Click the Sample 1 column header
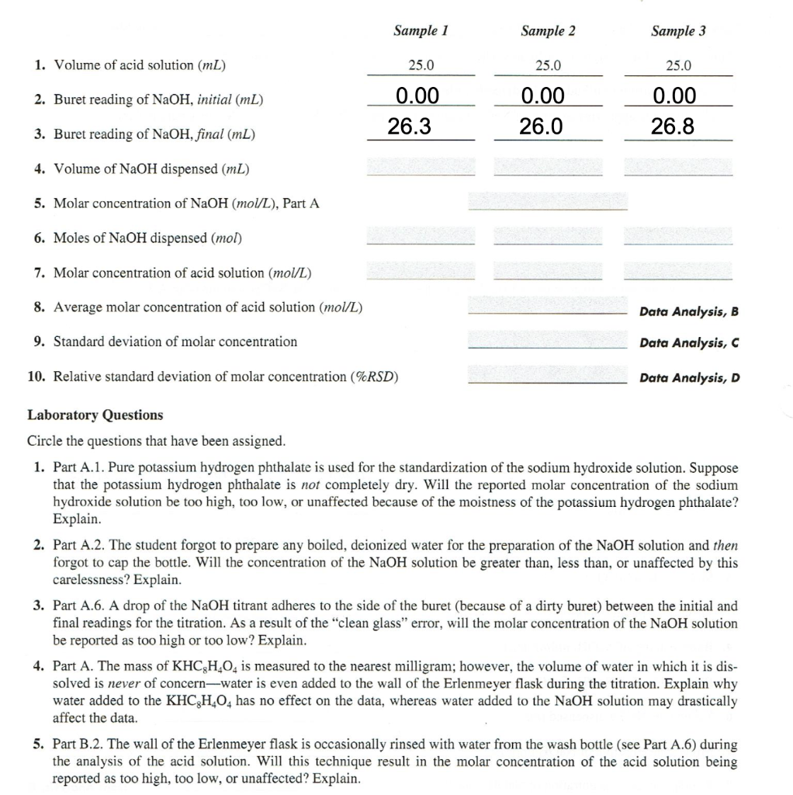(x=421, y=31)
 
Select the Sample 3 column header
(x=678, y=31)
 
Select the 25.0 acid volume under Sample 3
(x=678, y=66)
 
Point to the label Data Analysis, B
(x=689, y=312)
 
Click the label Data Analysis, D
(x=689, y=378)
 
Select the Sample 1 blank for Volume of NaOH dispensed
(x=420, y=167)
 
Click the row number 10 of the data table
(x=36, y=377)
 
